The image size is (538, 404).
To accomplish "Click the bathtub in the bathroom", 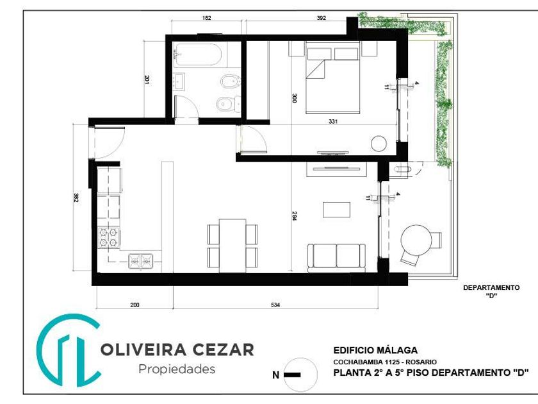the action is pyautogui.click(x=197, y=55).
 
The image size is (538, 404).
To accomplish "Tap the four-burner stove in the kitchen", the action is pyautogui.click(x=109, y=237).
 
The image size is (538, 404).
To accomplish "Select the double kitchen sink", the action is pyautogui.click(x=141, y=261).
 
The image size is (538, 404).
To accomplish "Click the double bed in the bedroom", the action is pyautogui.click(x=332, y=78).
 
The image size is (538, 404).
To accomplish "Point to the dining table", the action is pyautogui.click(x=232, y=245).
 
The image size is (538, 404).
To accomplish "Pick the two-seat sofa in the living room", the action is pyautogui.click(x=336, y=257).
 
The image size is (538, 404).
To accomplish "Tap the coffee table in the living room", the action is pyautogui.click(x=337, y=210).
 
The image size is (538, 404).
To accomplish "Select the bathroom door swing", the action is pyautogui.click(x=186, y=108).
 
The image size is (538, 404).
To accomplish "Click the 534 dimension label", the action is pyautogui.click(x=275, y=305).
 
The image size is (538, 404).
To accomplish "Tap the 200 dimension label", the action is pyautogui.click(x=135, y=305).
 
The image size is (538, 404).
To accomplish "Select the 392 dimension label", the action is pyautogui.click(x=321, y=18).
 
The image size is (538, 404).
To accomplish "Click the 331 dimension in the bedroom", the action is pyautogui.click(x=333, y=121).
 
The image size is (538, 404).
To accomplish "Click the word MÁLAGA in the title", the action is pyautogui.click(x=397, y=350).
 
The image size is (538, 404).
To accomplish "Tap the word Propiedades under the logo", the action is pyautogui.click(x=177, y=369).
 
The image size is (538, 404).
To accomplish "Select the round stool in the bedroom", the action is pyautogui.click(x=379, y=144).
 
